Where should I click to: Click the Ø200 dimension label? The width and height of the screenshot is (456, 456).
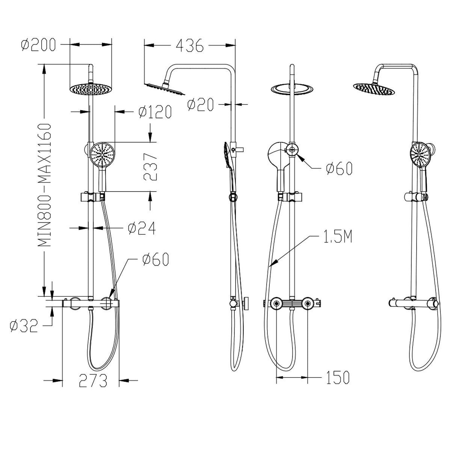[39, 45]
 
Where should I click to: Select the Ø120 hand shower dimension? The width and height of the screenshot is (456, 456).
[154, 112]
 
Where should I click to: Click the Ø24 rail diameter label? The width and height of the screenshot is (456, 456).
[141, 228]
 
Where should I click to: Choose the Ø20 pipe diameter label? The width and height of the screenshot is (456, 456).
[200, 105]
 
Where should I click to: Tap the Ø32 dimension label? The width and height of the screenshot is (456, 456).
[24, 326]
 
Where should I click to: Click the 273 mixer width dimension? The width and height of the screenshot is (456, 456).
[93, 381]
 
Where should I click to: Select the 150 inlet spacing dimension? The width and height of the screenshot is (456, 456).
[337, 377]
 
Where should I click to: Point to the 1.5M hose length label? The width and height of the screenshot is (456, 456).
[337, 237]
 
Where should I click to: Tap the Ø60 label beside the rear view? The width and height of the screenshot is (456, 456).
[339, 169]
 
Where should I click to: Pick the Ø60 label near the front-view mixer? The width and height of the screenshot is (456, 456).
[155, 259]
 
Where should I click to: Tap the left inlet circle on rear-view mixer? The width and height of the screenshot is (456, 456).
[276, 303]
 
